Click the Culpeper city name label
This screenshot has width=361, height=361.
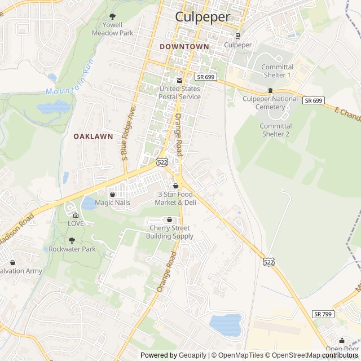(202, 17)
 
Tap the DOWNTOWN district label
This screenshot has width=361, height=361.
(184, 46)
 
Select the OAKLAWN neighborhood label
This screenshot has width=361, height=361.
(93, 136)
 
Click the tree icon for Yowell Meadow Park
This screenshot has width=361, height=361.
(112, 16)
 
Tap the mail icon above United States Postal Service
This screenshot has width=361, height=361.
(180, 80)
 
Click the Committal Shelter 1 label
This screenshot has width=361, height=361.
(277, 71)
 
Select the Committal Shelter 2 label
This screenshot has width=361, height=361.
(275, 130)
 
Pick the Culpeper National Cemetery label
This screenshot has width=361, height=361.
(270, 103)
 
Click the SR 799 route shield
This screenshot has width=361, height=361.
(323, 314)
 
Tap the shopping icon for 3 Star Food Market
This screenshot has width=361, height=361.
(175, 186)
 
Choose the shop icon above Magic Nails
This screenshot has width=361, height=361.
(112, 194)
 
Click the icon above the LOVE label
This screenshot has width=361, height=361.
(76, 215)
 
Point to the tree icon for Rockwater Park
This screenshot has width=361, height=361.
(72, 240)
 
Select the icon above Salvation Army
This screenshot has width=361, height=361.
(12, 262)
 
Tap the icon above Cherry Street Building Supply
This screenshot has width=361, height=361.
(170, 219)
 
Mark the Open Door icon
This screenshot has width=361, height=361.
(342, 340)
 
